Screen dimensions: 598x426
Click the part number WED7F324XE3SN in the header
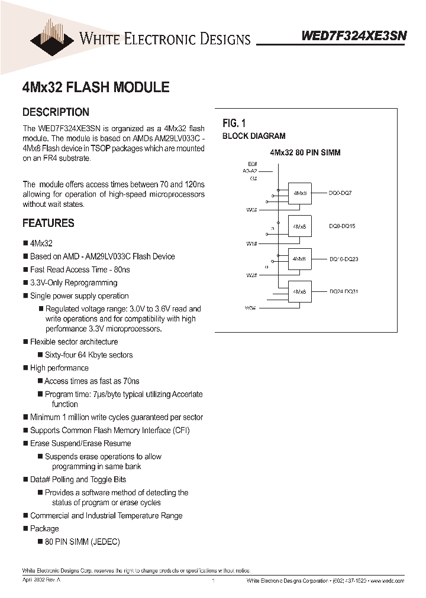354,35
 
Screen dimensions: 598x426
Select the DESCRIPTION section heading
56,112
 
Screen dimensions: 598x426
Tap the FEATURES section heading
48,223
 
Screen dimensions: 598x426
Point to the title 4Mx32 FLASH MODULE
95,87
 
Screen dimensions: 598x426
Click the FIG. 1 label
234,123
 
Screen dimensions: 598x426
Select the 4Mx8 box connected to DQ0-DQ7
299,193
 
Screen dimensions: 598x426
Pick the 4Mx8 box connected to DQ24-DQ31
299,292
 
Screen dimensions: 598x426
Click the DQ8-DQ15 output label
342,226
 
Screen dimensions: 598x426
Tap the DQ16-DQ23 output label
343,259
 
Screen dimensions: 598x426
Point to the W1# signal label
251,243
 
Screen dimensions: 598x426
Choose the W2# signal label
251,275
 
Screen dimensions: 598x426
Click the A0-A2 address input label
250,170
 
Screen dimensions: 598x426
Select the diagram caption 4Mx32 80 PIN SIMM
305,152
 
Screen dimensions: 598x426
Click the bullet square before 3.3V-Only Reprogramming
25,282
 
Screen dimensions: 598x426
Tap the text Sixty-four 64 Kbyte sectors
89,355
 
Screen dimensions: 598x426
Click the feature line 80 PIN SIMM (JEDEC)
82,542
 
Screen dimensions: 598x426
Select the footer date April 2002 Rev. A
41,581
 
